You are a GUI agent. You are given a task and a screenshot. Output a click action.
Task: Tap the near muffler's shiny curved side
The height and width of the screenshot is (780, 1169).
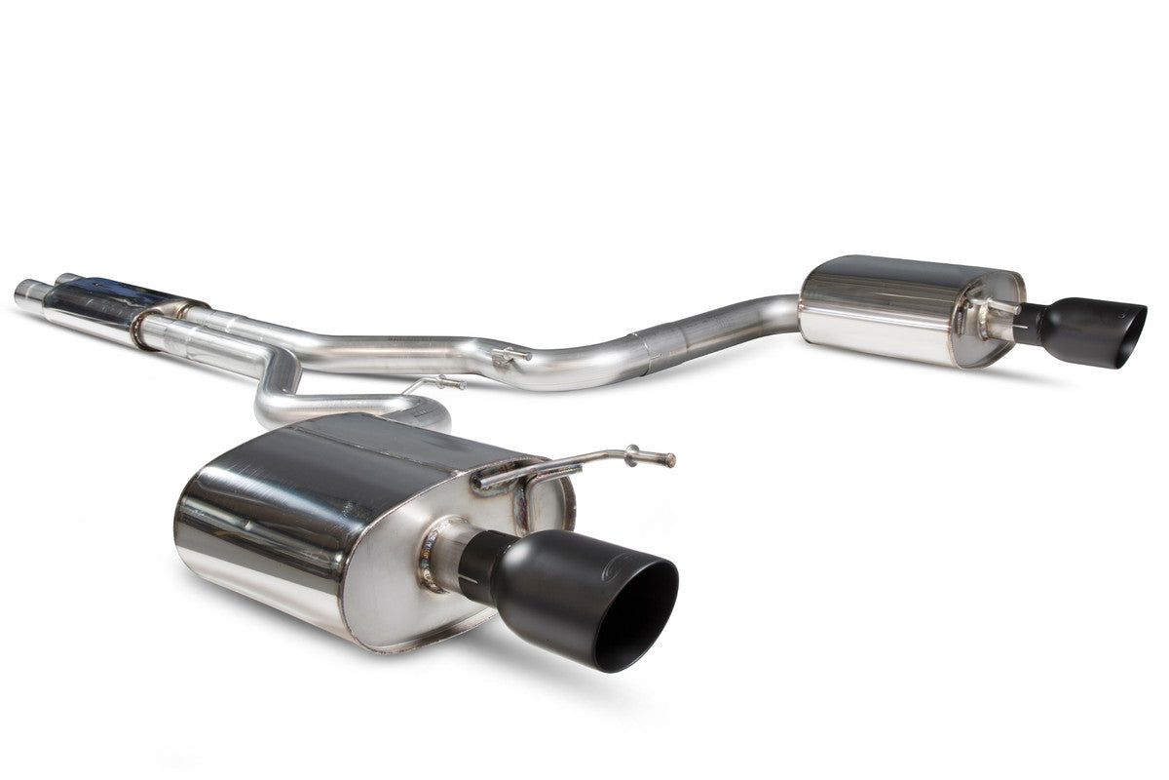[253, 526]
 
